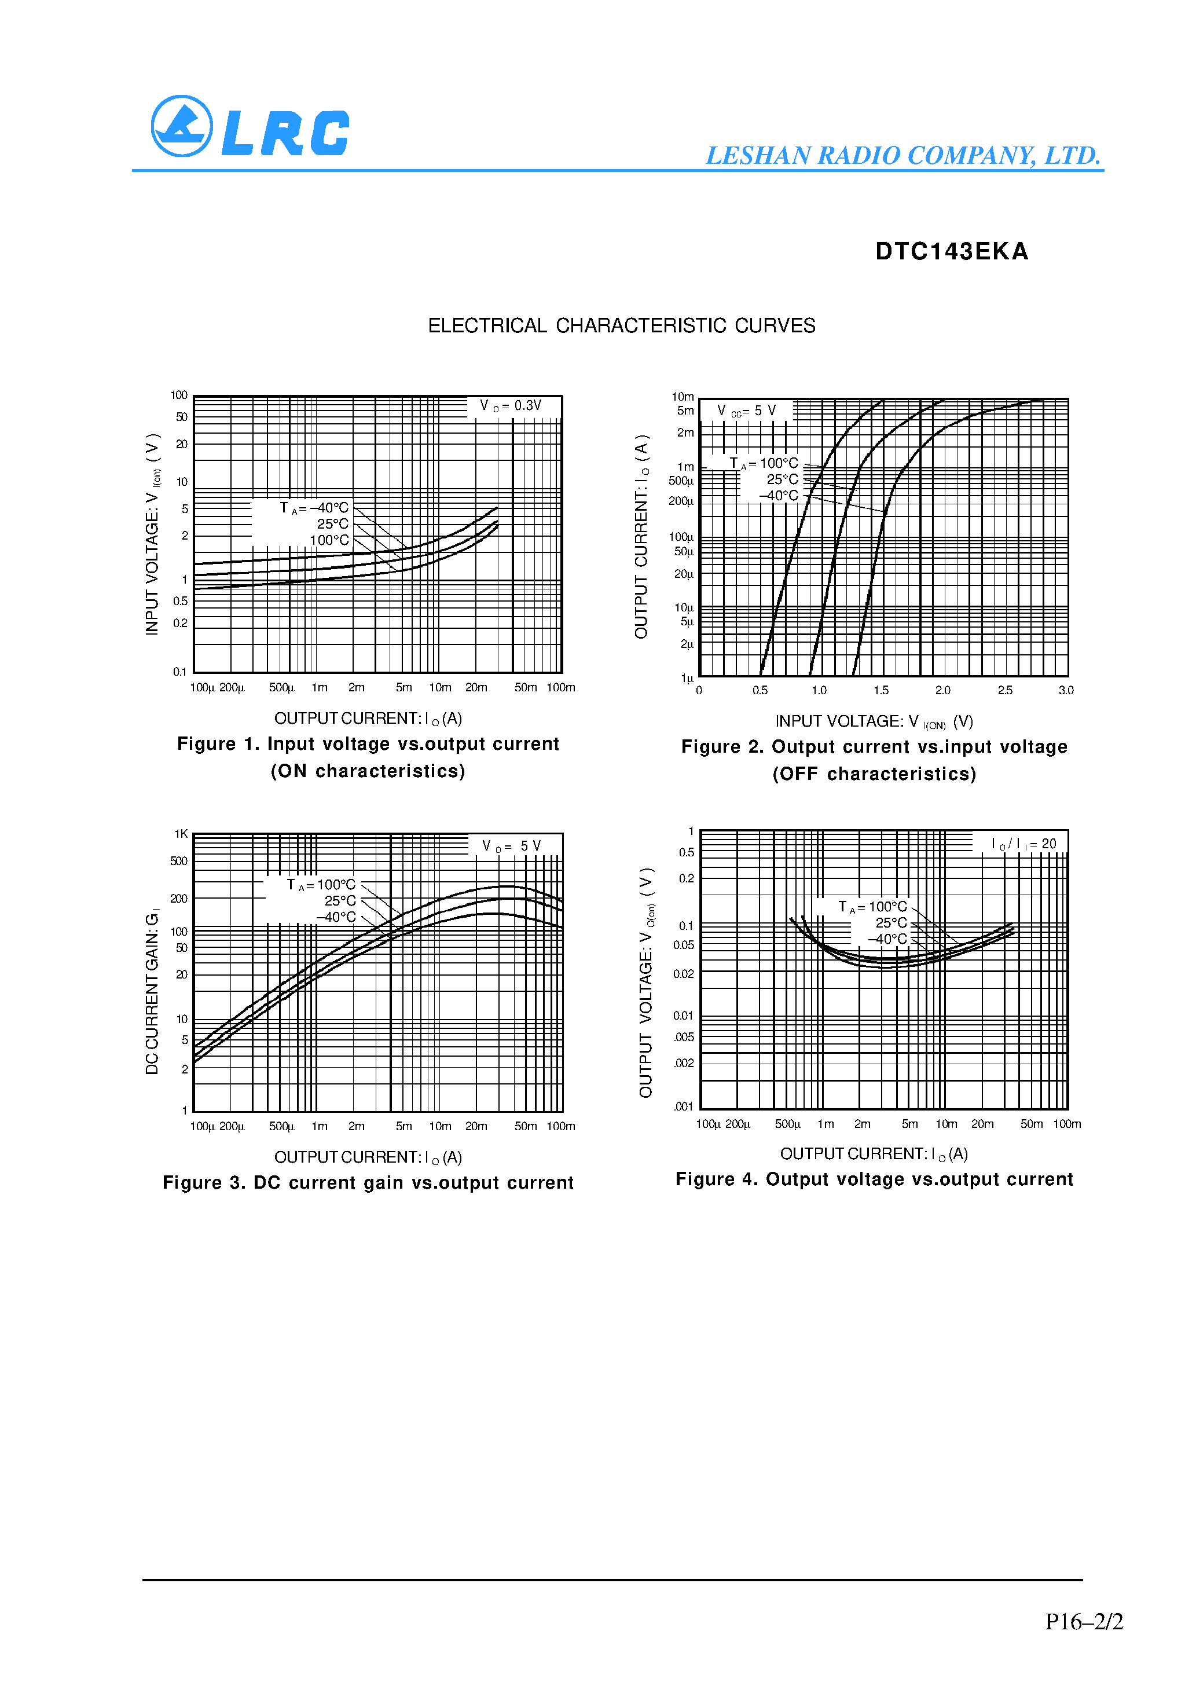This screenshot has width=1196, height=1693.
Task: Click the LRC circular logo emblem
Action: click(181, 126)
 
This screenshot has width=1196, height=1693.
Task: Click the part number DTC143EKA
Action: click(951, 251)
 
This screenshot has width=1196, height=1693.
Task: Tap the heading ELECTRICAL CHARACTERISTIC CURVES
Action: click(622, 325)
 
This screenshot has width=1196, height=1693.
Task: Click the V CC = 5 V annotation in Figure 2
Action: click(746, 411)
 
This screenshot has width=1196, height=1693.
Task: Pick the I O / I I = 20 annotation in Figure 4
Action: click(1023, 844)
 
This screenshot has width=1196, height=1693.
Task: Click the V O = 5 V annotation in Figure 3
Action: click(512, 846)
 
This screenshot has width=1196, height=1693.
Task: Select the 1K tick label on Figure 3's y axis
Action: click(181, 834)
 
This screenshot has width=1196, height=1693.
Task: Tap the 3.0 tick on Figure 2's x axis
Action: click(1066, 690)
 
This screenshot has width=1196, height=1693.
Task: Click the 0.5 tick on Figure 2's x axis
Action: click(760, 690)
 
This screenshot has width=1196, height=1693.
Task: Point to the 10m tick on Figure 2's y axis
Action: click(683, 397)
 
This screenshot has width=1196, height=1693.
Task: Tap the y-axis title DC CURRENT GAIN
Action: click(152, 992)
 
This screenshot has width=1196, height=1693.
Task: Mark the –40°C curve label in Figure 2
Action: click(779, 496)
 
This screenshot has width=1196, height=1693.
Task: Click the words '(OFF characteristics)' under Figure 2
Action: click(874, 774)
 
